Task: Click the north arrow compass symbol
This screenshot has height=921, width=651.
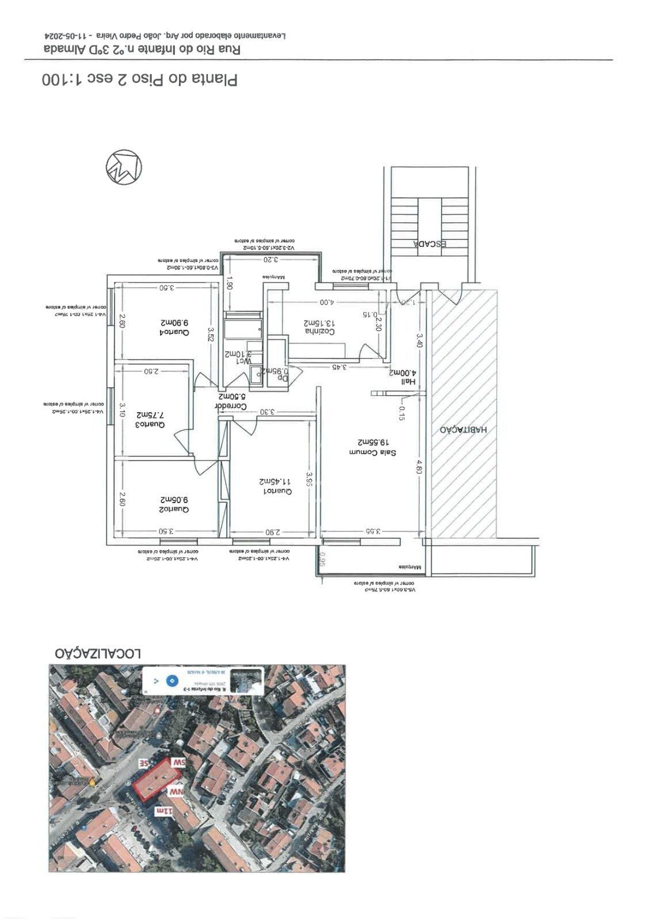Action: [124, 167]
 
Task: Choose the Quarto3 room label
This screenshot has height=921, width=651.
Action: [151, 425]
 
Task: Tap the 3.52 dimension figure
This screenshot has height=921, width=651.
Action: [210, 334]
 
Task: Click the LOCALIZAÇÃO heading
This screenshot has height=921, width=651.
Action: [98, 654]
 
